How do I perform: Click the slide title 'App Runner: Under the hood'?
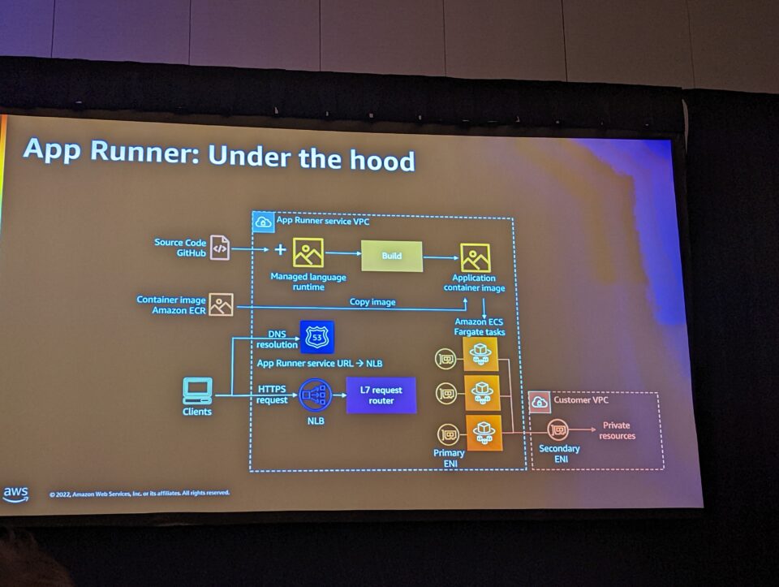coord(219,153)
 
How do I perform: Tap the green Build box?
coord(391,256)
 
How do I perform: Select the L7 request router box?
coord(381,395)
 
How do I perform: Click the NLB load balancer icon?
coord(316,396)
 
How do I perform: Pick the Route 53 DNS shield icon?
coord(316,337)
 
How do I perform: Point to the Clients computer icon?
coord(197,391)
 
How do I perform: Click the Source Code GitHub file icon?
coord(220,248)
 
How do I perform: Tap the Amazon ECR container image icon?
coord(221,305)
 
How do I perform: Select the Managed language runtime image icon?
coord(308,253)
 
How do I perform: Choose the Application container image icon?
coord(476,257)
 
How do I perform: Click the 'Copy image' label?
coord(372,302)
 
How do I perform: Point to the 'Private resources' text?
coord(616,430)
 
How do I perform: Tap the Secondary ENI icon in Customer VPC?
coord(557,429)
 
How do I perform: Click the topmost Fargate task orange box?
coord(481,353)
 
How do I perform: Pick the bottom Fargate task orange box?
coord(484,432)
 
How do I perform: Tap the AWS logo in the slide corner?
coord(15,494)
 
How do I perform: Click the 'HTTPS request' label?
coord(273,395)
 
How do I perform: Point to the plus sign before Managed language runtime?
coord(280,249)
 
